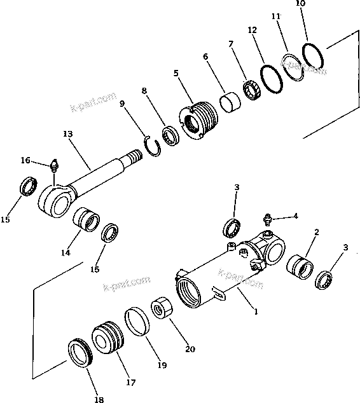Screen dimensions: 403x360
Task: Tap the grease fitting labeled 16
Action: (x=55, y=167)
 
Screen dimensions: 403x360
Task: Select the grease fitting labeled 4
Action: (x=268, y=218)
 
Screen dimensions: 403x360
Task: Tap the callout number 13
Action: (x=68, y=134)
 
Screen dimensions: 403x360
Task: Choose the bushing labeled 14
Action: (x=87, y=221)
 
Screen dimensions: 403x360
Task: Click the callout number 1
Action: (x=256, y=312)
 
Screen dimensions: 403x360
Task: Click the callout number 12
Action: (x=253, y=30)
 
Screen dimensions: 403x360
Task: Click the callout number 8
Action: (x=146, y=91)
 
